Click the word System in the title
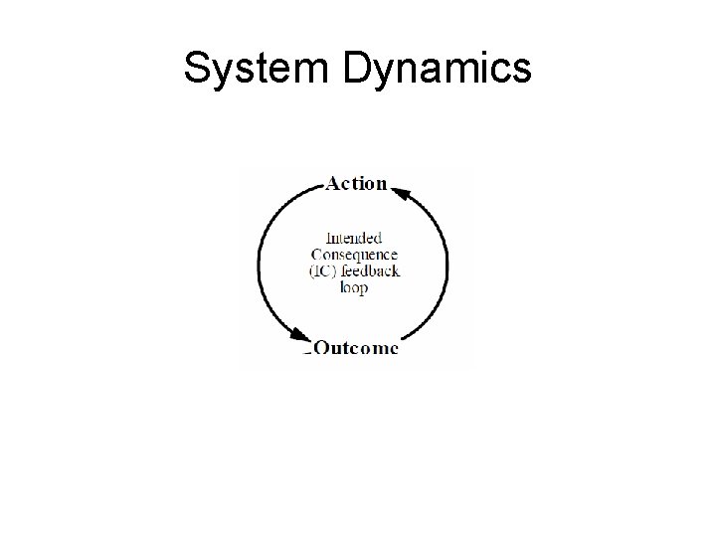click(243, 69)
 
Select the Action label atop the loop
click(356, 183)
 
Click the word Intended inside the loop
click(354, 238)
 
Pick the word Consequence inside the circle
click(354, 255)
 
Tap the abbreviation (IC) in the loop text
click(324, 271)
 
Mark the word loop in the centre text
click(353, 287)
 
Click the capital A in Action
click(334, 183)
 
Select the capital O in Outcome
click(323, 348)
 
